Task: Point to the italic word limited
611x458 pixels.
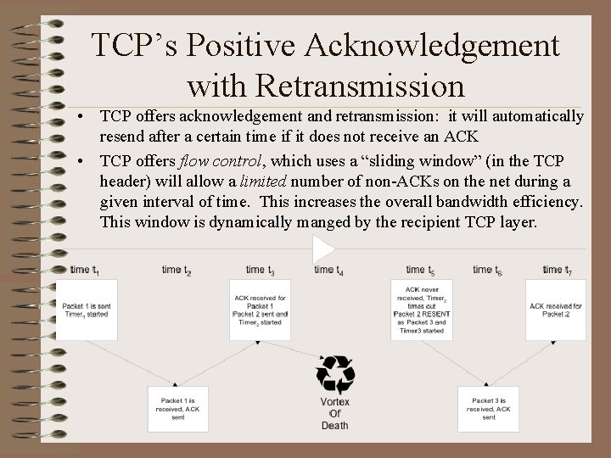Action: click(x=261, y=182)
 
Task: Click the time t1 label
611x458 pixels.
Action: click(x=85, y=270)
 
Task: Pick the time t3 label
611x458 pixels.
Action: click(x=260, y=270)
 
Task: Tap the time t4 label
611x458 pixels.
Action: click(x=328, y=270)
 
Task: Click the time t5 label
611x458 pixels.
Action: click(x=420, y=270)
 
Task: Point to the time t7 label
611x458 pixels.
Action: click(x=558, y=270)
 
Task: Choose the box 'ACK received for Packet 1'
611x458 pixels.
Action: click(x=261, y=310)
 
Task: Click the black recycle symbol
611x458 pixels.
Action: click(x=334, y=373)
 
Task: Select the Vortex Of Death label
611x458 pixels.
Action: click(x=334, y=414)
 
